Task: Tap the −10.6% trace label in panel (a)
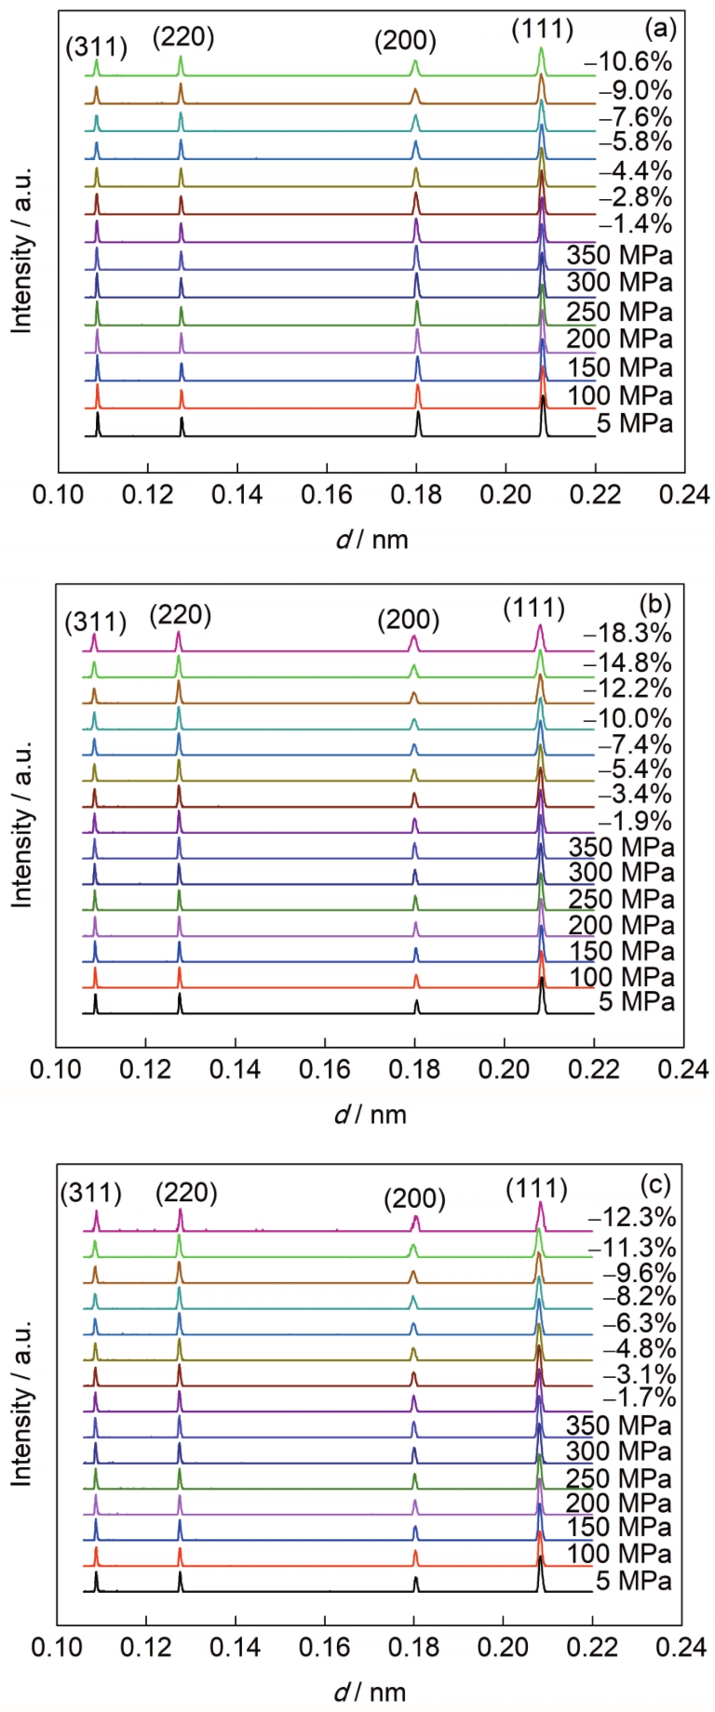628,63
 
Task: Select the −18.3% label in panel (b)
627,635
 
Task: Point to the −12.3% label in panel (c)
631,1218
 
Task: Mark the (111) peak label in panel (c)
536,1189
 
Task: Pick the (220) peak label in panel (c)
186,1192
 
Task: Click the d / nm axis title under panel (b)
371,1113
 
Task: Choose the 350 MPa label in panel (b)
620,848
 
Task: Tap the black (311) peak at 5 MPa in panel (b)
95,1000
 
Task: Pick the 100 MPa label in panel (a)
620,396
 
